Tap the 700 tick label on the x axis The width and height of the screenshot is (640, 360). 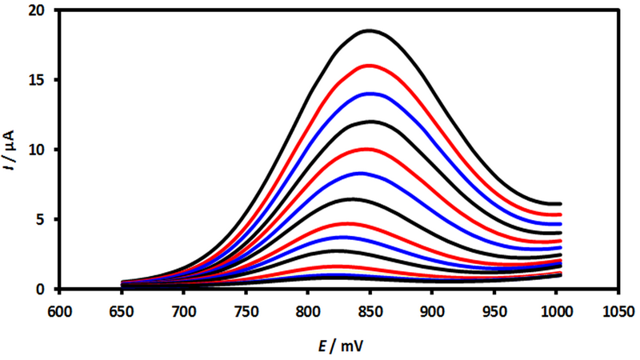point(184,309)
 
